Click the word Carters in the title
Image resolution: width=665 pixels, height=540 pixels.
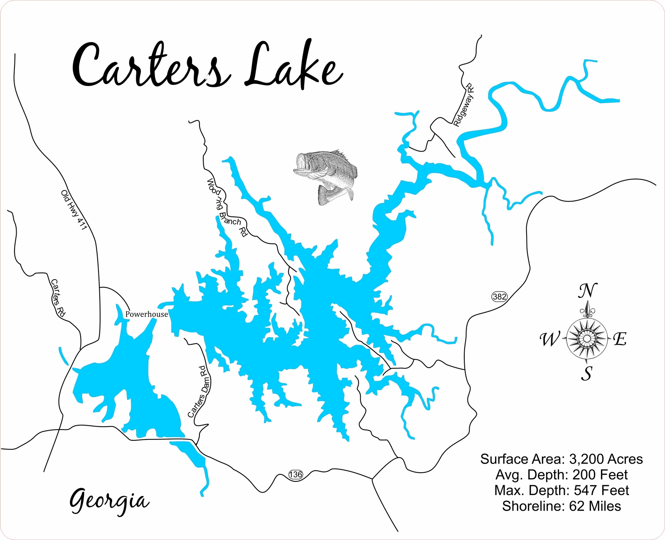click(150, 66)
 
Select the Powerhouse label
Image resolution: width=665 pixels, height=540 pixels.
click(146, 314)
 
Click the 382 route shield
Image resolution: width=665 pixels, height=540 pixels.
click(499, 296)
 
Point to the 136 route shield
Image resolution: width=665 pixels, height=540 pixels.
click(295, 474)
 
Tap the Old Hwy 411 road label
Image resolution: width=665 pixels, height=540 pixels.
click(74, 210)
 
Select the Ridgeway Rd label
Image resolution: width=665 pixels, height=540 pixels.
click(464, 105)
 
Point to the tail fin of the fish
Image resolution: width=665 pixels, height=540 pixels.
click(328, 195)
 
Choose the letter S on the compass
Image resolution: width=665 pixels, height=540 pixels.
click(586, 374)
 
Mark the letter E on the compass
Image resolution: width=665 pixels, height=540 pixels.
click(620, 339)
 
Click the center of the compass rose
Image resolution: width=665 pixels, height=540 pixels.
click(586, 339)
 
